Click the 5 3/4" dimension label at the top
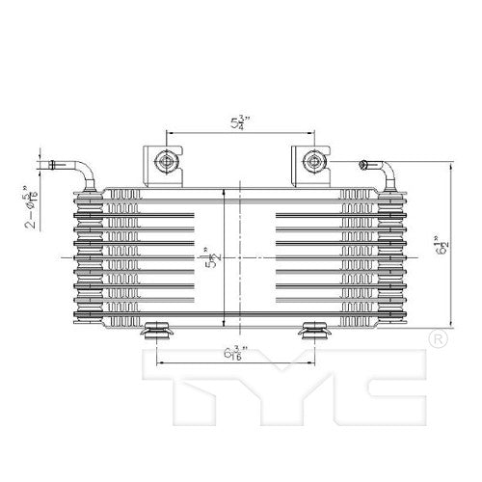pyautogui.click(x=235, y=123)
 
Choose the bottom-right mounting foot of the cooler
pyautogui.click(x=314, y=333)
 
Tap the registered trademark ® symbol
pyautogui.click(x=435, y=339)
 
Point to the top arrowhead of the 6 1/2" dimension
pyautogui.click(x=449, y=166)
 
